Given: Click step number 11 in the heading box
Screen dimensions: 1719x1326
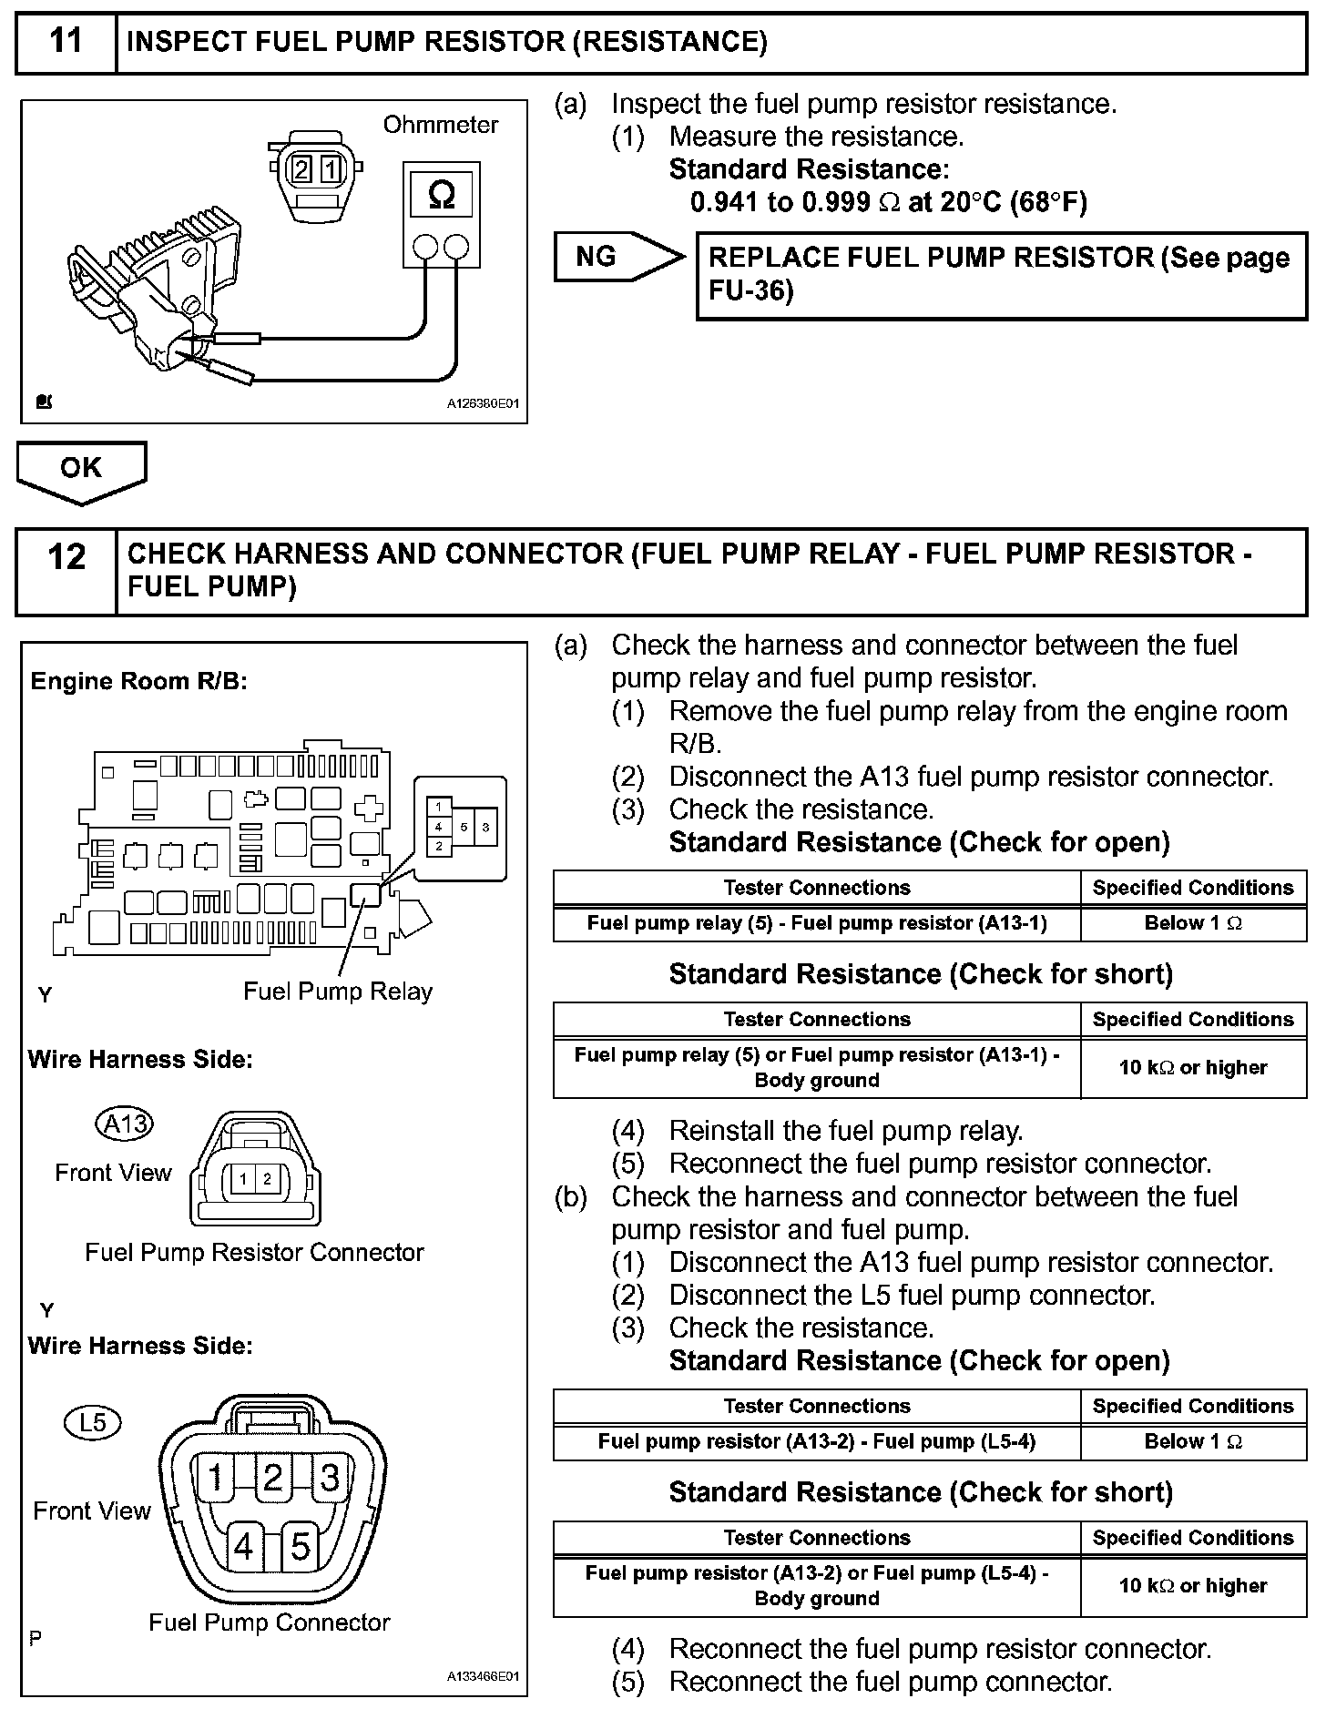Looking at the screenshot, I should [66, 42].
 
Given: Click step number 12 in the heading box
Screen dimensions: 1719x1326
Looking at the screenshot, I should [66, 556].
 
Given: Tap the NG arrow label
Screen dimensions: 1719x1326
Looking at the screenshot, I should [597, 257].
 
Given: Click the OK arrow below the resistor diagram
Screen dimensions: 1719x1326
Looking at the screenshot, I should [80, 468].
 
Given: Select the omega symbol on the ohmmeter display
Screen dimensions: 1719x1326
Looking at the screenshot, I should [441, 195].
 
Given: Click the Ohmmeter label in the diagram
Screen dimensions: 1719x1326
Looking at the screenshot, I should [441, 125].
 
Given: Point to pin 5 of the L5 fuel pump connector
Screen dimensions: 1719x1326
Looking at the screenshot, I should [300, 1546].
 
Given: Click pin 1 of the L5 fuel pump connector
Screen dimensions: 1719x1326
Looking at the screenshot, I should [216, 1477].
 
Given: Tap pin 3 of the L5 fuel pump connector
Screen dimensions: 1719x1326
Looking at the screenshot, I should [329, 1477].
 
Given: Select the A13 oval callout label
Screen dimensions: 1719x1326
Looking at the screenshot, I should [125, 1124].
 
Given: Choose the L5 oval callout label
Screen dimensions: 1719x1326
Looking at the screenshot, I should [93, 1422].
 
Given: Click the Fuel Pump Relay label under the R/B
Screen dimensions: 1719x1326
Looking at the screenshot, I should [337, 992].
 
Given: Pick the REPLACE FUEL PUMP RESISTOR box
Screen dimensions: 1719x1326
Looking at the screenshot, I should [1000, 274].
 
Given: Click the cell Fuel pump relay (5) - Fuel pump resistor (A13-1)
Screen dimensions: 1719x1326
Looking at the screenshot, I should [817, 923].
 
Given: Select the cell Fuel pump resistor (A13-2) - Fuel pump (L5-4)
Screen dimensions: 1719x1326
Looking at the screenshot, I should [817, 1441].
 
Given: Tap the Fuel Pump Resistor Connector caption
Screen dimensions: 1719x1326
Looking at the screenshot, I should [254, 1253].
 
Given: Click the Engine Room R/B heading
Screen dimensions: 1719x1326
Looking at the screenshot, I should [139, 681].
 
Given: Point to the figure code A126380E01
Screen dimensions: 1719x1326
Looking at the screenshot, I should [483, 404].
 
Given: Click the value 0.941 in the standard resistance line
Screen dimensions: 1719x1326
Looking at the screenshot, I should [725, 202].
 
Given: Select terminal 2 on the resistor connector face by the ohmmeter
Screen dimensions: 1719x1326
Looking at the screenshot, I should [301, 169].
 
